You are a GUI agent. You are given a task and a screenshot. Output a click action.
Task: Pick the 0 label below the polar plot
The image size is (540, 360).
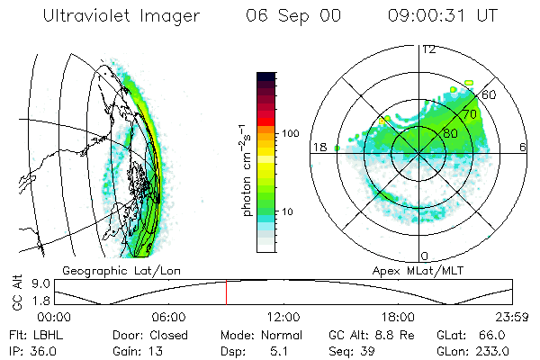(424, 256)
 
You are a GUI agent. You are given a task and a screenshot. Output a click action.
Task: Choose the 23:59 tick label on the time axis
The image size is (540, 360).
(513, 316)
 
